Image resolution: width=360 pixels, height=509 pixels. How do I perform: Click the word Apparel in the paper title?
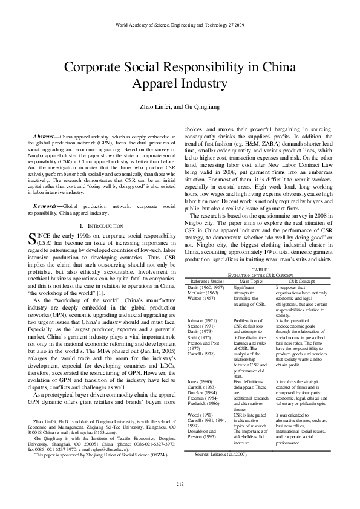[x=147, y=83]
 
